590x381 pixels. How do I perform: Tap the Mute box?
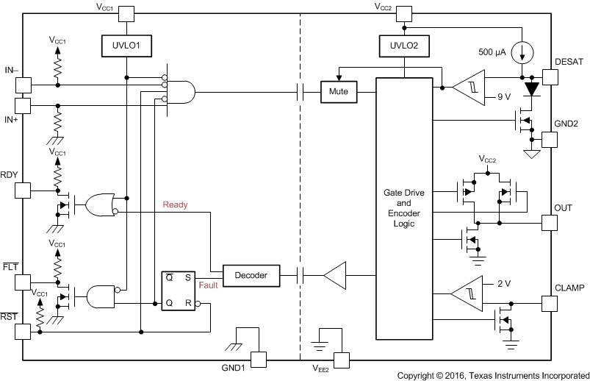(x=339, y=93)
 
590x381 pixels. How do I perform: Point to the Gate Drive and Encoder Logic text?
(x=403, y=207)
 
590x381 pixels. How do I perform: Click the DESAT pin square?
(x=550, y=76)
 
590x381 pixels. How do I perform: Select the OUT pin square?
(x=550, y=222)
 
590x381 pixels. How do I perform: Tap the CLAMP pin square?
(x=550, y=302)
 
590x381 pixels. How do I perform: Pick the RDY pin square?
(x=23, y=190)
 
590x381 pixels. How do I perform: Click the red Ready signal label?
(x=175, y=205)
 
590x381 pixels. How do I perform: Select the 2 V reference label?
(x=503, y=283)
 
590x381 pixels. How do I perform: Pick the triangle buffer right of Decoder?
(x=335, y=275)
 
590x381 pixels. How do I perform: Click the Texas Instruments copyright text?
(x=492, y=374)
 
